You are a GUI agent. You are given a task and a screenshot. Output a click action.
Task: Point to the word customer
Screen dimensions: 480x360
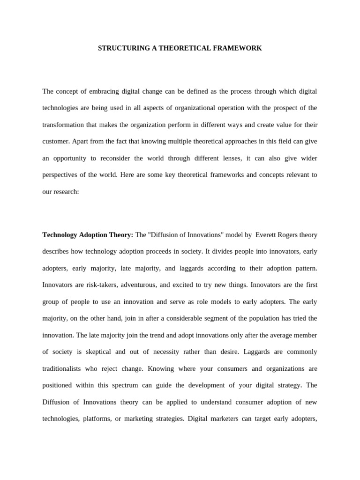click(x=55, y=142)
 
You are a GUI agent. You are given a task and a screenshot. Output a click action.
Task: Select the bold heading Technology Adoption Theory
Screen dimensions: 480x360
click(x=88, y=234)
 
